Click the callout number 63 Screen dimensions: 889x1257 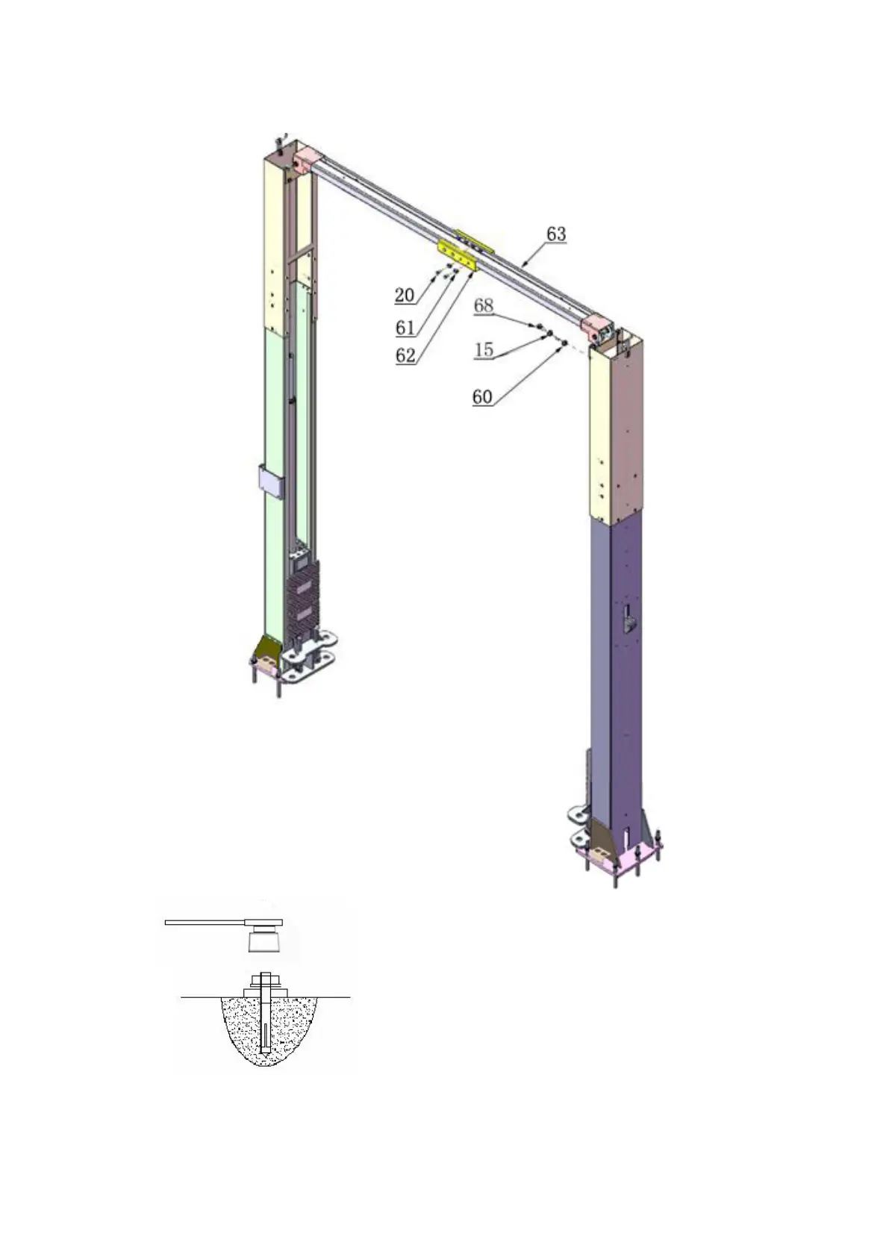coord(555,234)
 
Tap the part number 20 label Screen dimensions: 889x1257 coord(404,295)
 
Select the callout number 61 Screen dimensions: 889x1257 coord(405,327)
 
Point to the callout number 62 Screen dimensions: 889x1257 coord(405,355)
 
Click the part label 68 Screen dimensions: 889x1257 coord(483,305)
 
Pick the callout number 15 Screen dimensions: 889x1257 coord(483,349)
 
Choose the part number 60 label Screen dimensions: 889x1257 coord(482,397)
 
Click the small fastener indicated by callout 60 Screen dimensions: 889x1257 coord(564,343)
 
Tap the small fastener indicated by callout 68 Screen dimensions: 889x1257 coord(538,325)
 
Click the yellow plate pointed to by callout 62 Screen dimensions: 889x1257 coord(457,256)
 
